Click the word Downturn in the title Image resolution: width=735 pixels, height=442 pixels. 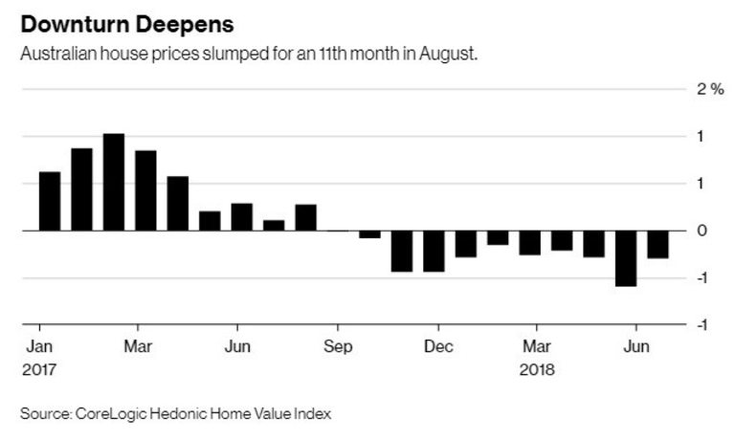[64, 21]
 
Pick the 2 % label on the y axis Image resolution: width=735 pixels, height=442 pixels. [709, 89]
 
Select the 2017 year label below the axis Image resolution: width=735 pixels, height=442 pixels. [39, 367]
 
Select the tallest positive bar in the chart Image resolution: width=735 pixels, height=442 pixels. [114, 182]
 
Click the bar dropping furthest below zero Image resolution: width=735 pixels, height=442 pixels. [626, 258]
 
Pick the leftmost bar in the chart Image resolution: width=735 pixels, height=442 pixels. [50, 201]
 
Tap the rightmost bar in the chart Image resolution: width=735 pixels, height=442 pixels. [658, 244]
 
